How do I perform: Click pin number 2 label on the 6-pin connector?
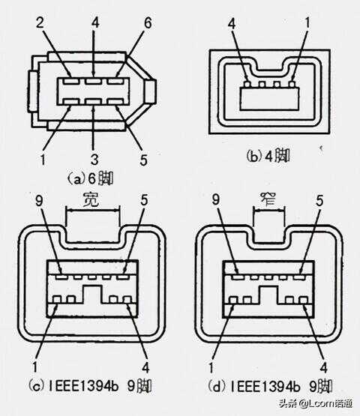coord(40,23)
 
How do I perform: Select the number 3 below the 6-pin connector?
coord(94,159)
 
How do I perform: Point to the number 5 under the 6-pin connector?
coord(143,160)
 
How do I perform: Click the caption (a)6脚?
coord(90,178)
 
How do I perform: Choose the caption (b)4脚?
coord(268,156)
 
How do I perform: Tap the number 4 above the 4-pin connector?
coord(232,24)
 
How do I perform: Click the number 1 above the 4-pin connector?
coord(307,23)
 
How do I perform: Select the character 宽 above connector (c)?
coord(91,200)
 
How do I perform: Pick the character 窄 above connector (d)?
coord(268,199)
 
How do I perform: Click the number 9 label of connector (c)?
coord(39,201)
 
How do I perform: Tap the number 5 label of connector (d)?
coord(319,201)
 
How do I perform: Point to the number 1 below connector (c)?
coord(34,367)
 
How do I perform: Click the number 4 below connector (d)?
coord(324,368)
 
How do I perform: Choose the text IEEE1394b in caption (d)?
coord(265,387)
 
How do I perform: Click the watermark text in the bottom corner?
coord(316,404)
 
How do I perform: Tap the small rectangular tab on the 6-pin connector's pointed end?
coord(150,91)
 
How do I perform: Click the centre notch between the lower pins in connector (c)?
coord(92,295)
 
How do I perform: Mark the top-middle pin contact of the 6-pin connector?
coord(93,81)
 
